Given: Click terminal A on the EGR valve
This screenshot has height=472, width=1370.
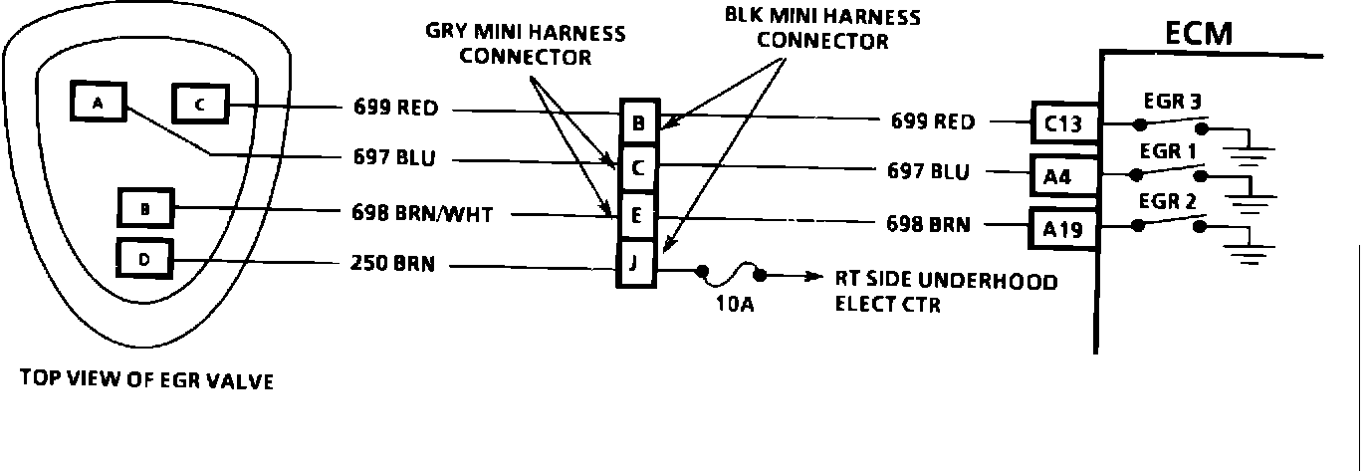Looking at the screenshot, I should [x=97, y=103].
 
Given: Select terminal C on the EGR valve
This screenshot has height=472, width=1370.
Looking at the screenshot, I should [x=200, y=104].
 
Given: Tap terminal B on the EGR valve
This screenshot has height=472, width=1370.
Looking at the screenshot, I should [x=145, y=209].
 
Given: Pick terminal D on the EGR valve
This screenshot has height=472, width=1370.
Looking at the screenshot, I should [x=145, y=260].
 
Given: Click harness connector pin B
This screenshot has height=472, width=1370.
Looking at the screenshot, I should [x=637, y=123].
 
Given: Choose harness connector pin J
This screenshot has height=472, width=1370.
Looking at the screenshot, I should [x=637, y=265].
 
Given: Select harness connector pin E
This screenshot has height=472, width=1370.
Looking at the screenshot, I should [x=637, y=212].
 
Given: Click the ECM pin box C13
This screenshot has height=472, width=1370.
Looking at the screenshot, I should [x=1065, y=123].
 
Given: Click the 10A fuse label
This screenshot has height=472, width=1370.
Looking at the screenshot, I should [x=734, y=305].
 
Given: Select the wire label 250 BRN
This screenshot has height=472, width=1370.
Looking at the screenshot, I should [x=393, y=266].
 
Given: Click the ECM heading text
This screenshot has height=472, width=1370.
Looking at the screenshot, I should [x=1199, y=34].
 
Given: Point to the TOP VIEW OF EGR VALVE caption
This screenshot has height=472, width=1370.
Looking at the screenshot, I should [x=145, y=380].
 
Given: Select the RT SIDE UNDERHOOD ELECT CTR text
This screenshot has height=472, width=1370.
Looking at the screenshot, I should [x=945, y=292].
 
